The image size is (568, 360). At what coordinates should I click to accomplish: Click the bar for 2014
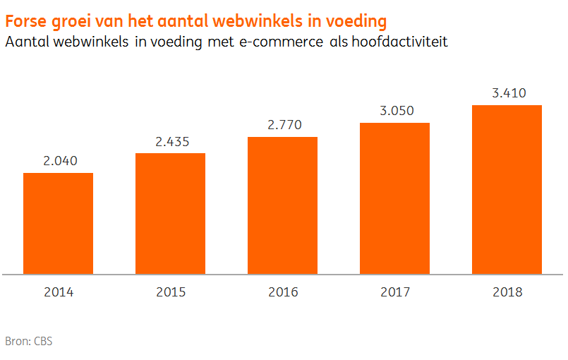click(x=58, y=223)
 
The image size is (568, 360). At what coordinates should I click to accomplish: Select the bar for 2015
click(x=170, y=213)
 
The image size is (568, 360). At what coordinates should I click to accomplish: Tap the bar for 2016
click(x=282, y=205)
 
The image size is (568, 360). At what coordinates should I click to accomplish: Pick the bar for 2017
click(x=394, y=198)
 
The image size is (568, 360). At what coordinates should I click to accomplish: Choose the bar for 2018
click(x=507, y=189)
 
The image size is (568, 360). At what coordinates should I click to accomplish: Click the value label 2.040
click(x=58, y=161)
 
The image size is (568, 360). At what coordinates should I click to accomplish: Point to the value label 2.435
click(x=170, y=141)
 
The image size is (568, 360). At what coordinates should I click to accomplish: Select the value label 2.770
click(x=282, y=125)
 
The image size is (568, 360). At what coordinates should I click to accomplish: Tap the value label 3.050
click(x=394, y=111)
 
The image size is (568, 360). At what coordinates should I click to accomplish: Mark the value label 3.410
click(x=507, y=92)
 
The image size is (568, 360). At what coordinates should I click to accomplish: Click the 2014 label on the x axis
click(x=58, y=292)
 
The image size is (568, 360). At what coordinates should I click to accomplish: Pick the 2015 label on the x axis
click(x=170, y=292)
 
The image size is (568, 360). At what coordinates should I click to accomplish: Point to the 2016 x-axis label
click(x=282, y=292)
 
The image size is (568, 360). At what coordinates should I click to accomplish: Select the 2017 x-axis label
click(x=394, y=292)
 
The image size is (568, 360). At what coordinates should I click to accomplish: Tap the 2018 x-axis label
click(x=507, y=292)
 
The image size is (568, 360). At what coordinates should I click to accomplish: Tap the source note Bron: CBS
click(x=29, y=342)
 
